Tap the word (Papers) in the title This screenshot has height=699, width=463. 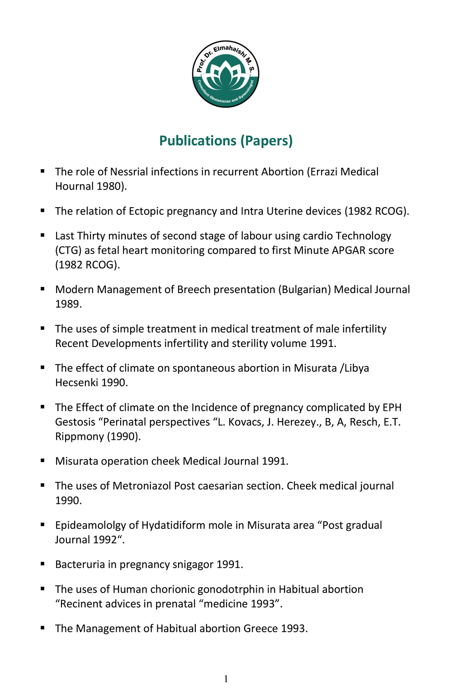pos(266,141)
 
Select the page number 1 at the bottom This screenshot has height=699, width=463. pos(226,679)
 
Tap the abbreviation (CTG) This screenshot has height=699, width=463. pos(68,250)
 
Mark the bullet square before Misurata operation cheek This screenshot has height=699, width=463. pos(43,460)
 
